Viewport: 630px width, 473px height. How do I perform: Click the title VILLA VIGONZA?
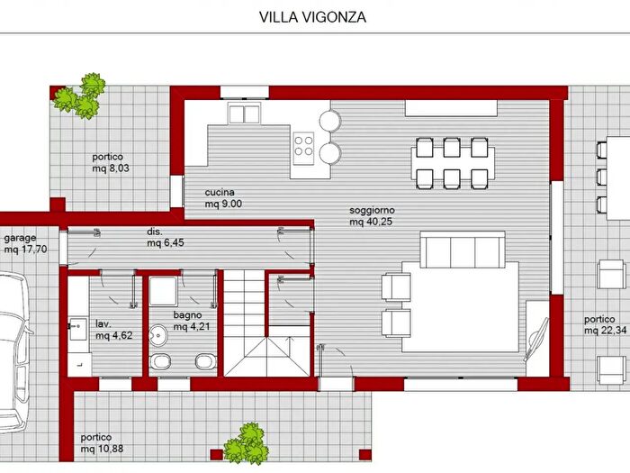click(x=313, y=16)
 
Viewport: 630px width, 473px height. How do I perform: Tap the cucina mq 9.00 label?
click(x=223, y=198)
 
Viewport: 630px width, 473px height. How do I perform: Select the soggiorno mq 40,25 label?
click(x=372, y=215)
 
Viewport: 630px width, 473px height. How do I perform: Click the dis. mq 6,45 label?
click(x=167, y=236)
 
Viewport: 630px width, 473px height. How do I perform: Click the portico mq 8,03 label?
click(x=112, y=161)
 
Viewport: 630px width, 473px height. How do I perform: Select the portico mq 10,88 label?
click(x=102, y=443)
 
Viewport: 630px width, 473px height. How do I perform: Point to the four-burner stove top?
click(x=303, y=145)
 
